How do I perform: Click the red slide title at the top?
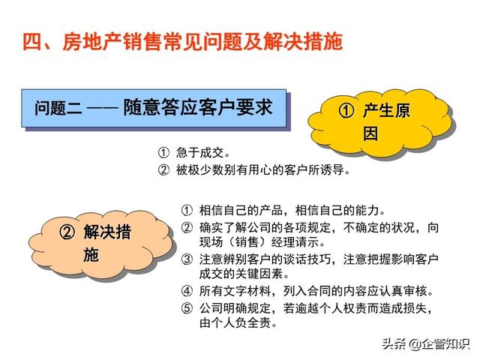[183, 42]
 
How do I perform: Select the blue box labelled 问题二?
[154, 108]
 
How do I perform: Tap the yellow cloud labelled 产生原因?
[379, 122]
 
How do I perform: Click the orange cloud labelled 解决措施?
[101, 243]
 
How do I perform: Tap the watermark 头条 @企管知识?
[425, 343]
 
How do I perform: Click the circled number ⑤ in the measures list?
[187, 308]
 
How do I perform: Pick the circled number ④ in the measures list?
[187, 291]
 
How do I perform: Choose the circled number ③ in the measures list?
[187, 259]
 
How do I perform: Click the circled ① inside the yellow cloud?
[346, 110]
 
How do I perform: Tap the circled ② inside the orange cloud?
[67, 232]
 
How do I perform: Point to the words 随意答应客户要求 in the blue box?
[198, 107]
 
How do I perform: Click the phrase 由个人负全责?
[238, 322]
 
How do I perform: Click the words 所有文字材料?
[235, 291]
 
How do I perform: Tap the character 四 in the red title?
[32, 42]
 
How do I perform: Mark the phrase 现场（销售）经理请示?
[262, 242]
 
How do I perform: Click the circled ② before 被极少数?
[163, 169]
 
